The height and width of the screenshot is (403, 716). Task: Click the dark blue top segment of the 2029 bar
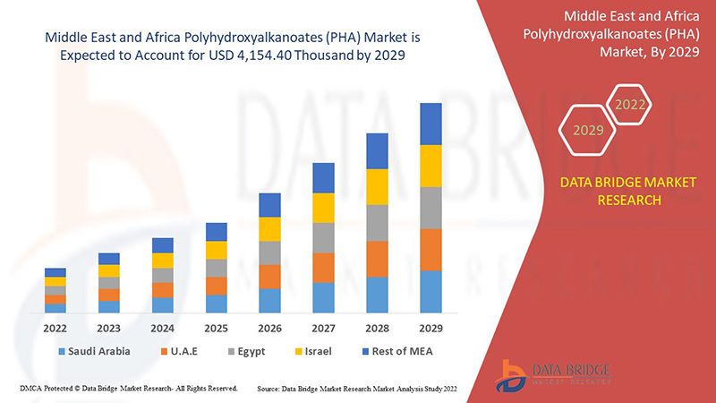coord(431,124)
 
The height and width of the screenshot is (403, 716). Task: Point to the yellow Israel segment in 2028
coord(378,186)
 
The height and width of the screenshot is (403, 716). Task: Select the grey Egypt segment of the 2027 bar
coord(324,237)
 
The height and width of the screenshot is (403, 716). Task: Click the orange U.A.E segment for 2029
coord(431,250)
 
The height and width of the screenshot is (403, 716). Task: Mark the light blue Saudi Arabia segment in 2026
coord(270,300)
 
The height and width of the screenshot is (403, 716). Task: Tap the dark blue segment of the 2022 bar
coord(55,272)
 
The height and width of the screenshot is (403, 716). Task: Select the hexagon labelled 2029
coord(588,131)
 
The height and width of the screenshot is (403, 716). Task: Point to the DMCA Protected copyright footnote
coord(128,389)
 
